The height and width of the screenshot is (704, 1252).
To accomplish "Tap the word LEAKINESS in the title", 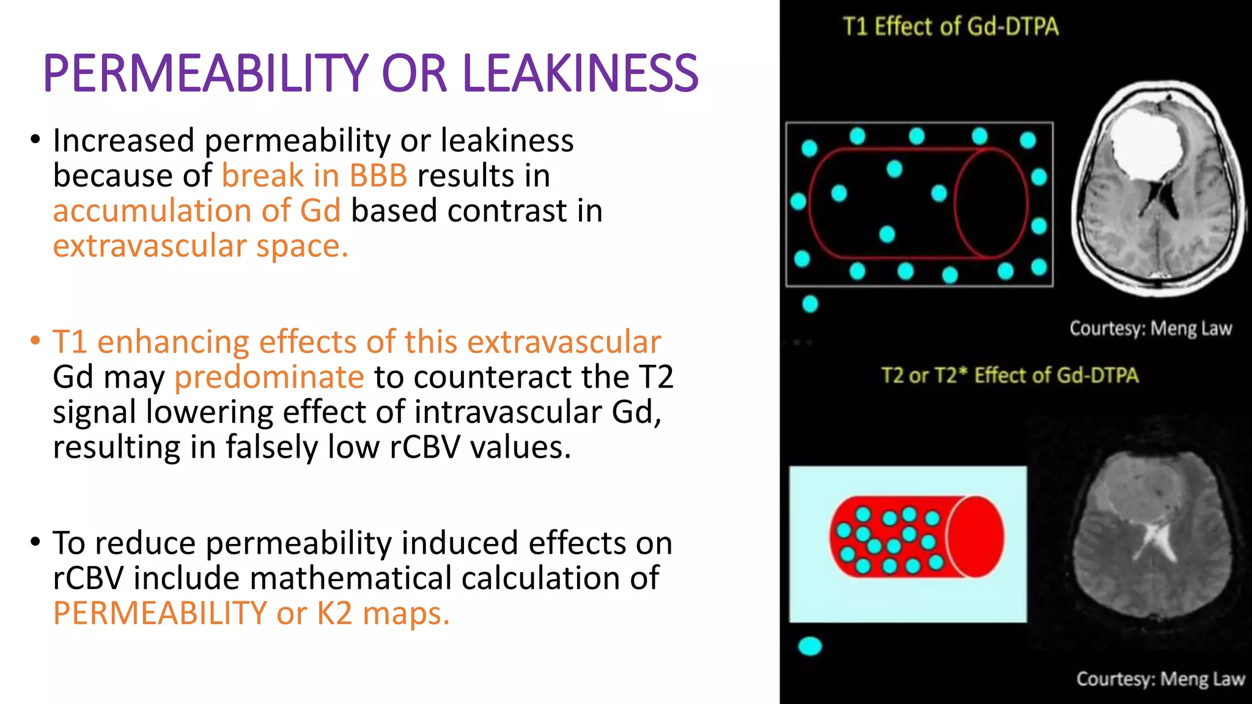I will point(580,74).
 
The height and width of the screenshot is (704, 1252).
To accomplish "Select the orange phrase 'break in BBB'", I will point(314,176).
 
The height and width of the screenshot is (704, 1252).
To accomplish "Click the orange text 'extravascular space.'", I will point(201,246).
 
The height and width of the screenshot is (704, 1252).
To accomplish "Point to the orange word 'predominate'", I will point(269,377).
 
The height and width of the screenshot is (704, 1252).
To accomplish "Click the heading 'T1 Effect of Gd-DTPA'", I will point(951,27).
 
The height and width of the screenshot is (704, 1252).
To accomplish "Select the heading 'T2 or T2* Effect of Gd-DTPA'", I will point(1009,375).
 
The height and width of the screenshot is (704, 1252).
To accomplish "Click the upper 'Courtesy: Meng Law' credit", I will point(1150,329).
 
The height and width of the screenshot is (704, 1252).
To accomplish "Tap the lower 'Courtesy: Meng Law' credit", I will point(1160,679).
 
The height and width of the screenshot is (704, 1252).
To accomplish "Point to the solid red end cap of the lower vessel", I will point(976,537).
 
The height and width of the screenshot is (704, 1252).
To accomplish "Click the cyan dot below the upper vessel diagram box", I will point(810,304).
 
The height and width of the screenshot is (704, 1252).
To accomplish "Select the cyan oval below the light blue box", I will point(810,646).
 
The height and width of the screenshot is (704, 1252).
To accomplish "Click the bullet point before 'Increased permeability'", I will point(35,140).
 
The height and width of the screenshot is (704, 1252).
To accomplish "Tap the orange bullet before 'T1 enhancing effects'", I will point(35,340).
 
